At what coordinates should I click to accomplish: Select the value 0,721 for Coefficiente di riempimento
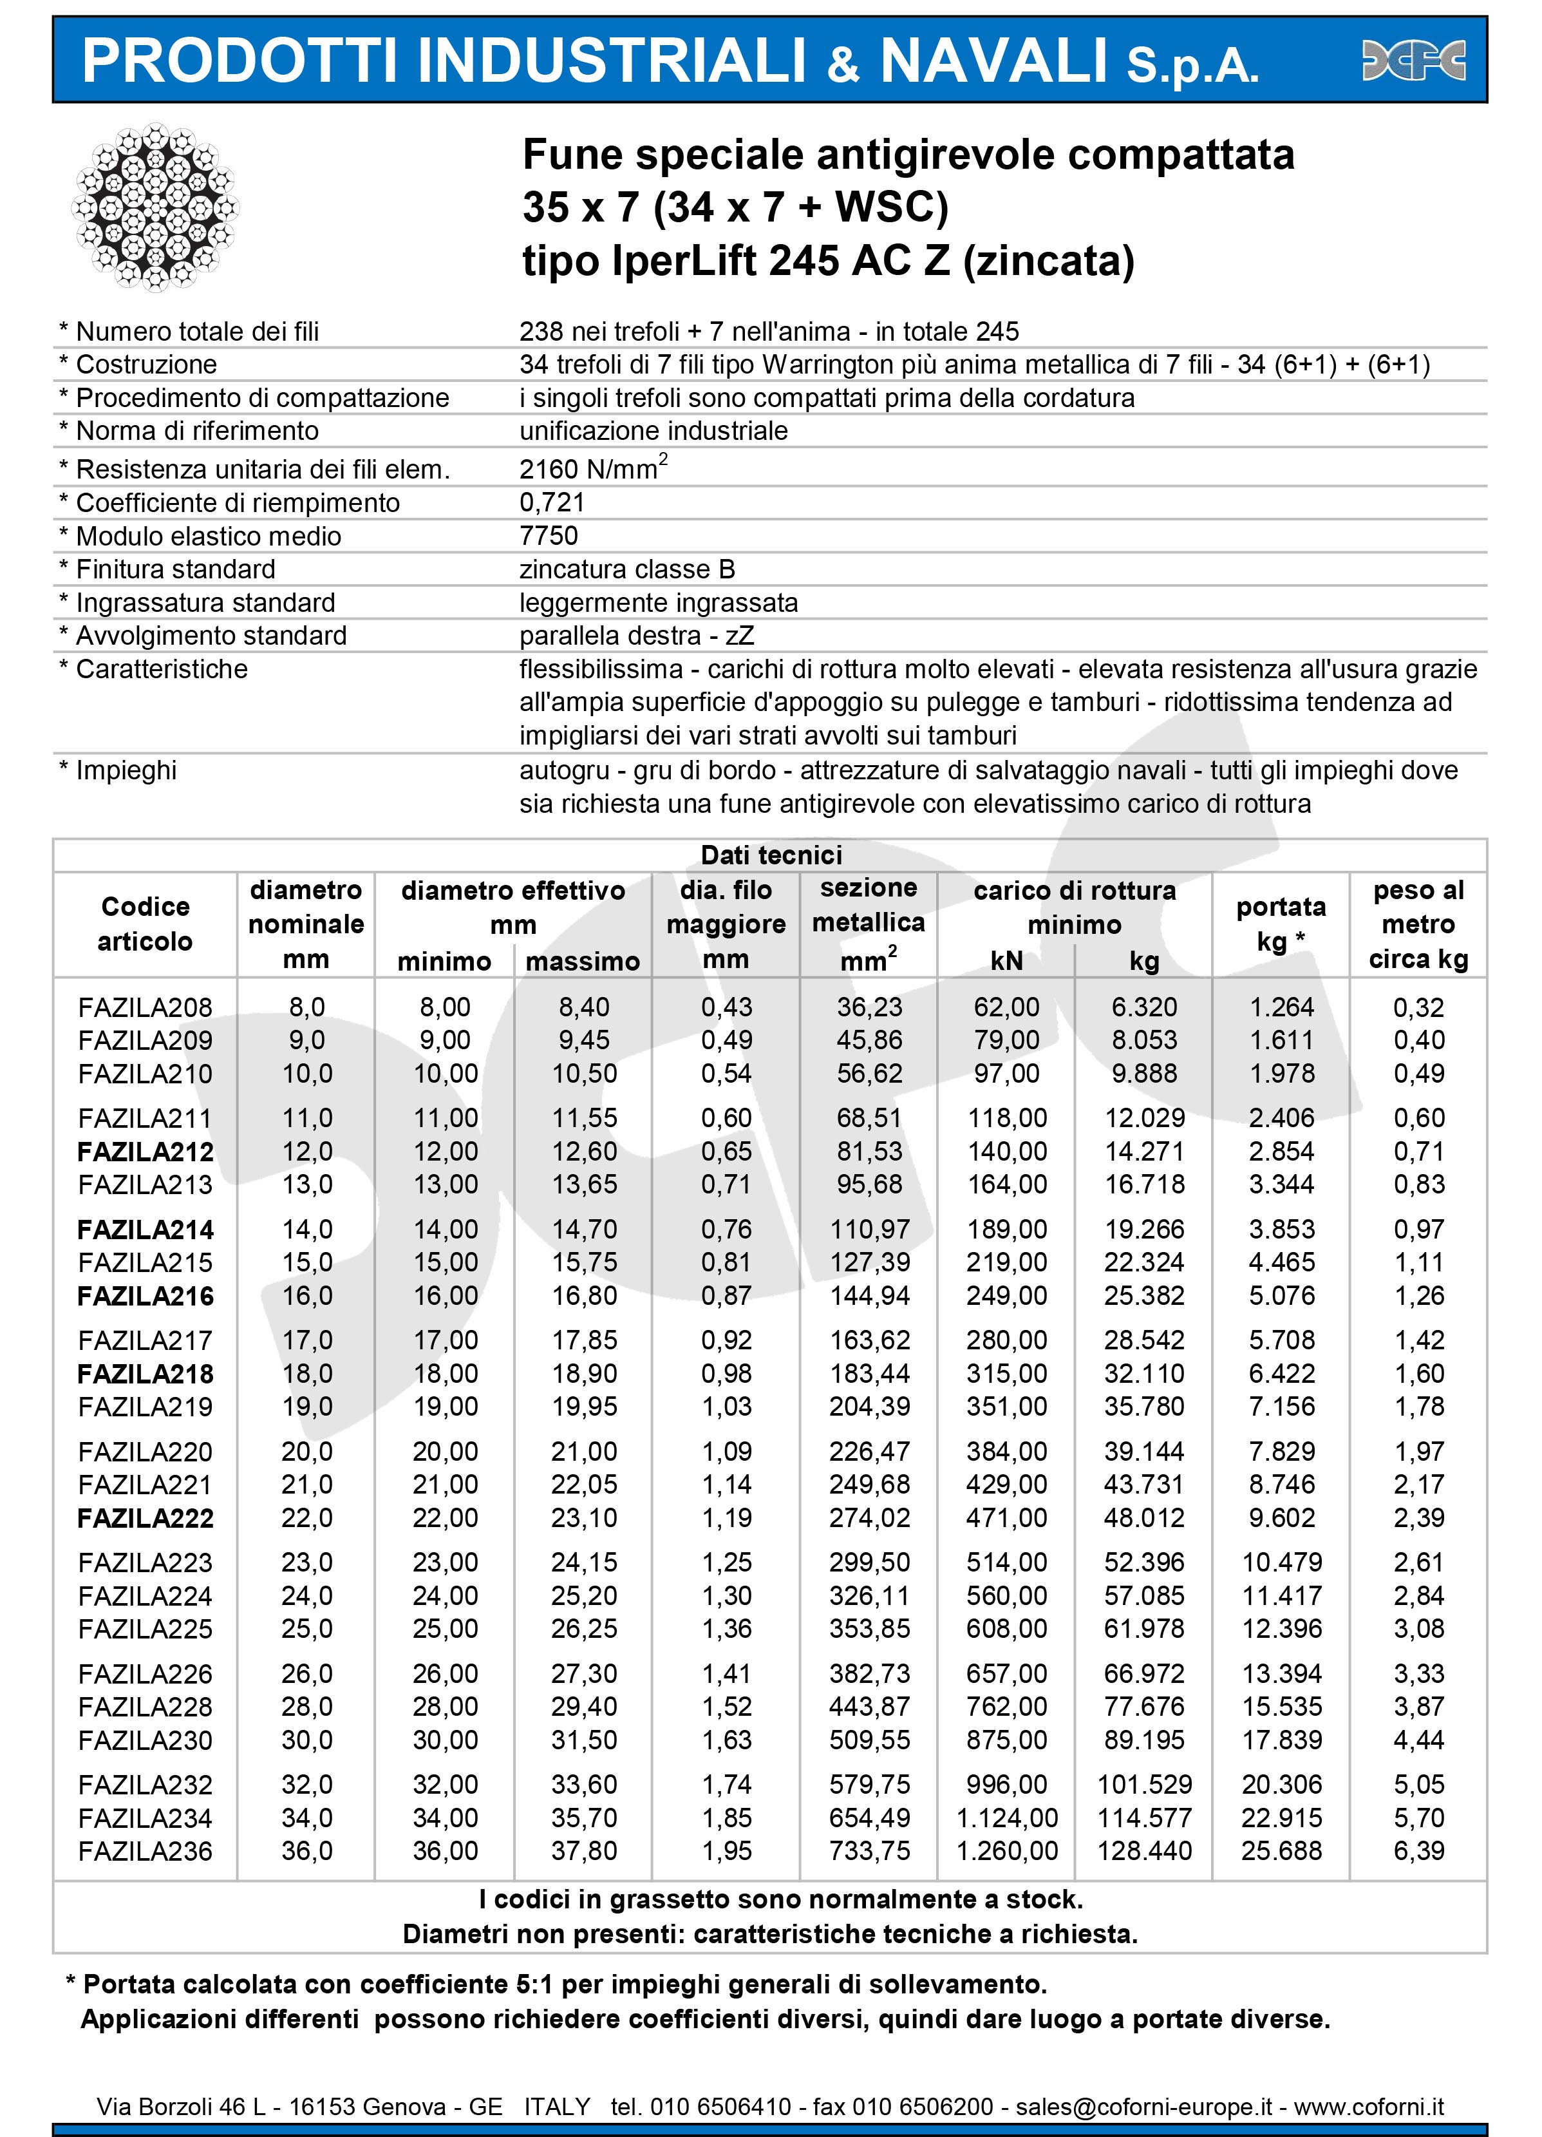[x=552, y=502]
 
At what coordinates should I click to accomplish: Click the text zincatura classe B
[x=626, y=569]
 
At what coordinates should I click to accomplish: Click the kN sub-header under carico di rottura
[x=1006, y=960]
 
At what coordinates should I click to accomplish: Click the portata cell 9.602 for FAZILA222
[x=1281, y=1518]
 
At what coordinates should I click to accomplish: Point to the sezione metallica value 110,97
[x=869, y=1229]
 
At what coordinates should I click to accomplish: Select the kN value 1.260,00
[x=1006, y=1850]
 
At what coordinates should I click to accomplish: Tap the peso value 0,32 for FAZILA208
[x=1418, y=1007]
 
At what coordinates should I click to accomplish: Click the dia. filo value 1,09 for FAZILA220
[x=726, y=1451]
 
